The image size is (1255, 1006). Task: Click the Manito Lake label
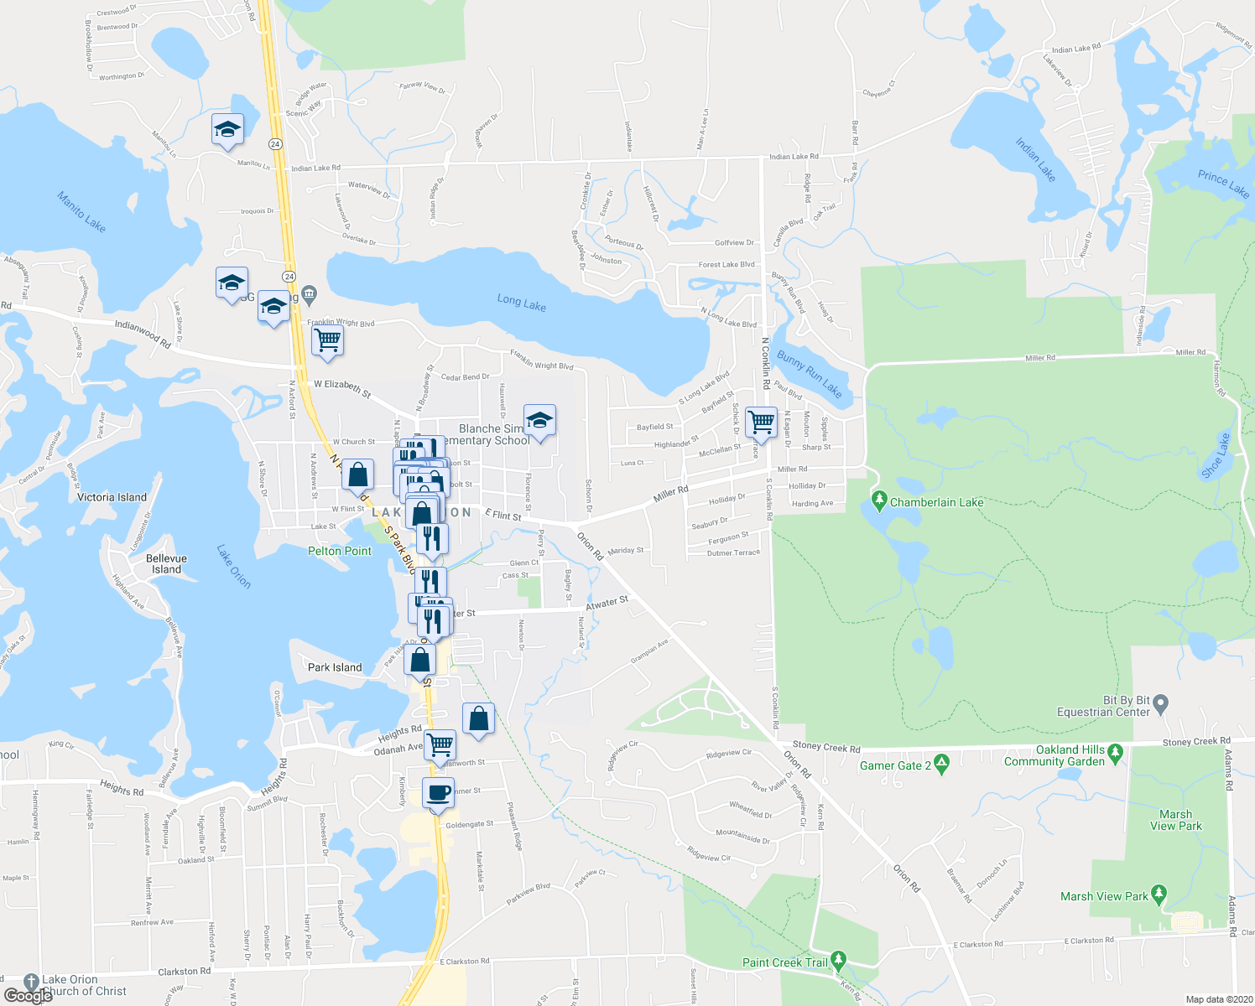[81, 211]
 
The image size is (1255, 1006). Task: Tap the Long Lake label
[521, 303]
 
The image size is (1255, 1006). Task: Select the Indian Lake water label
[1035, 159]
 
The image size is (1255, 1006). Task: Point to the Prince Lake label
[1223, 183]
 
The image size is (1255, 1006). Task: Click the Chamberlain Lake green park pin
[879, 501]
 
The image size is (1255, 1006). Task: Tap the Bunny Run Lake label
[809, 374]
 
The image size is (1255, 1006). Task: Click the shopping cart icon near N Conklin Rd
[761, 422]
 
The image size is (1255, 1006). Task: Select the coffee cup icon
[438, 792]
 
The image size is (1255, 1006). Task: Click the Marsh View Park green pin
[1159, 895]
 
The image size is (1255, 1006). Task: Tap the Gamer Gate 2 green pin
[941, 764]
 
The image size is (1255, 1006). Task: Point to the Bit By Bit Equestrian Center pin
[1161, 703]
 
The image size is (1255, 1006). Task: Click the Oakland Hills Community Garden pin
[1115, 753]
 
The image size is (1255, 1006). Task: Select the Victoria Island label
[112, 497]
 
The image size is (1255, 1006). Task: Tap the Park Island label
[335, 667]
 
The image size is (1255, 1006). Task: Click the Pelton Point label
[340, 551]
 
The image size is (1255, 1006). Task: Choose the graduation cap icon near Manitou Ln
[227, 130]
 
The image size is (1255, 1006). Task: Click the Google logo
[28, 995]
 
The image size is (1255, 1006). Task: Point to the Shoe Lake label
[1216, 456]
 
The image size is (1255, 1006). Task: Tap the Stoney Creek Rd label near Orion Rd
[826, 748]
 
